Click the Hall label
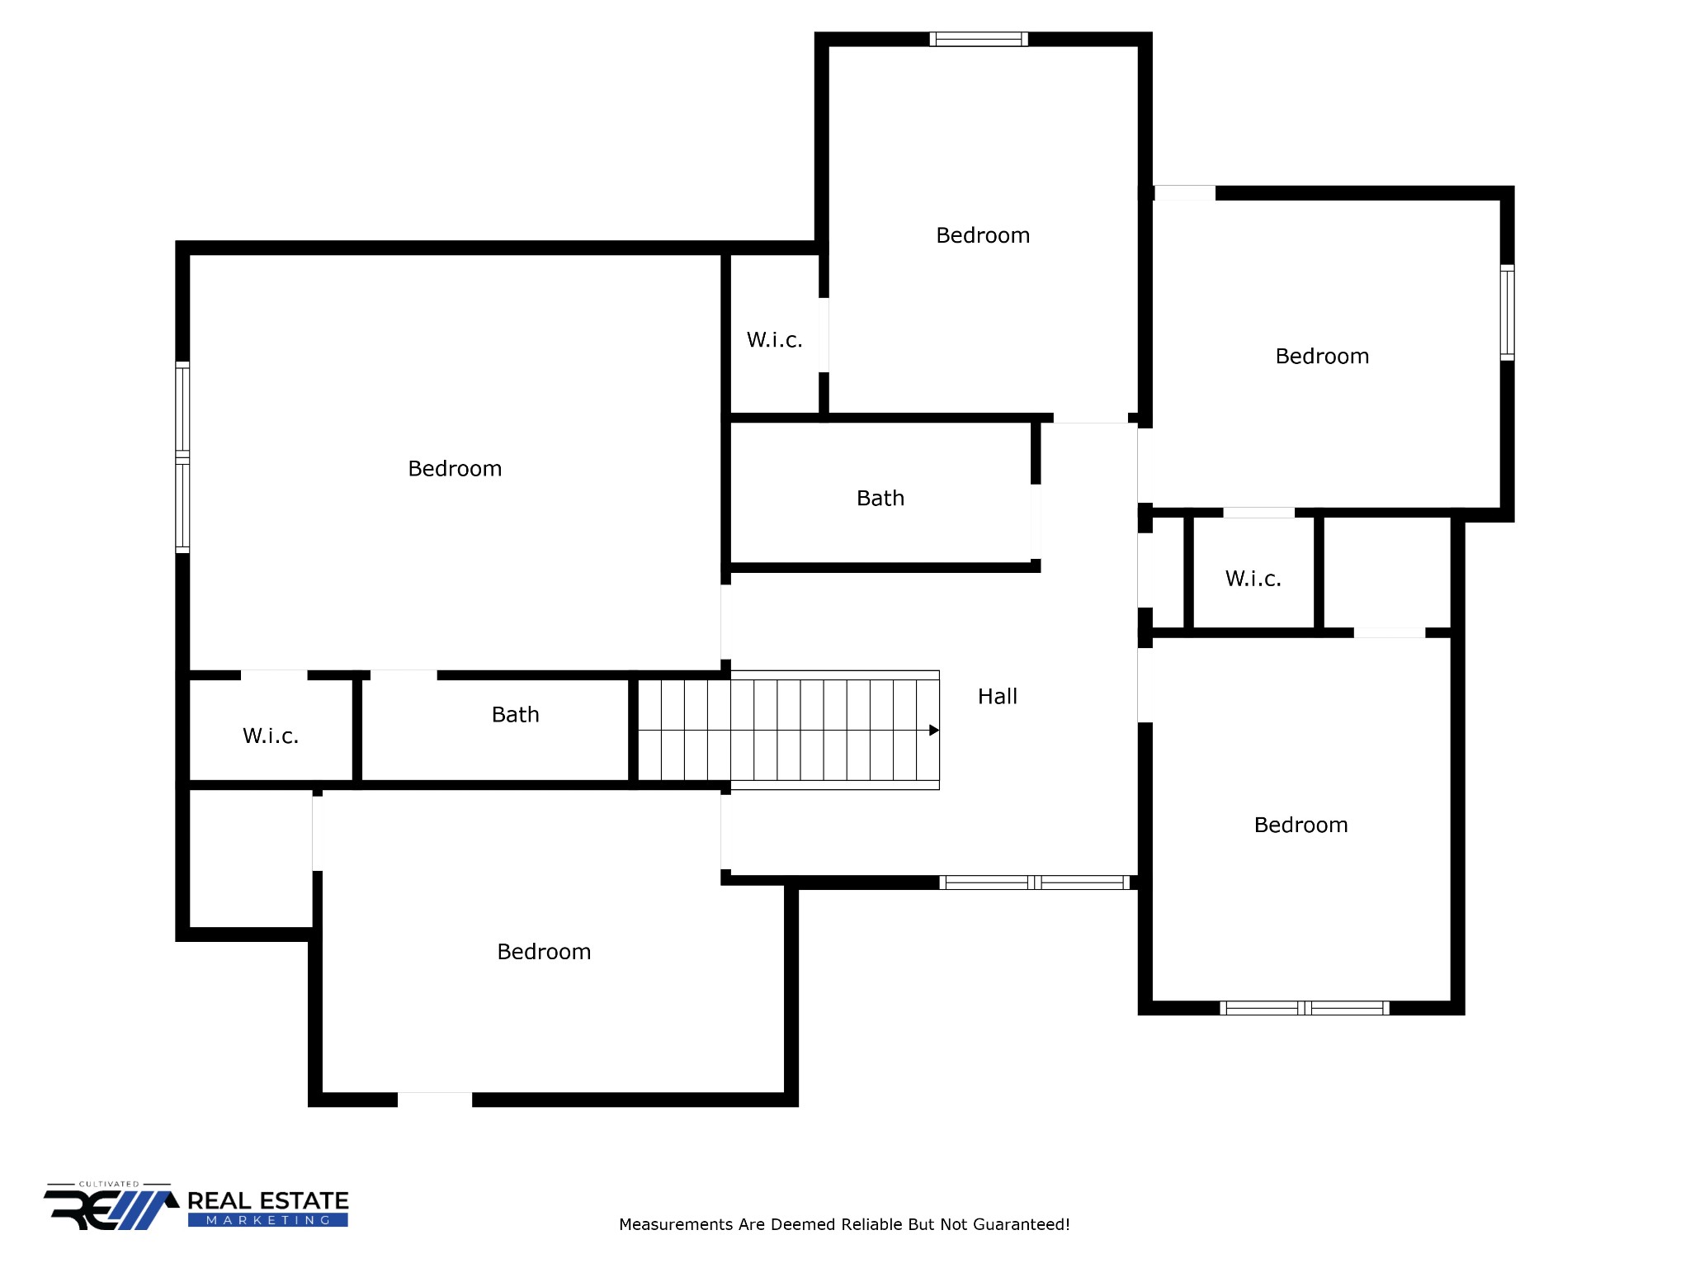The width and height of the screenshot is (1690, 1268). [997, 697]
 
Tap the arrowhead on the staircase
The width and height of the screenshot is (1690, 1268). [933, 730]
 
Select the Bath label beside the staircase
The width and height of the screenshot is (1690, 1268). [515, 715]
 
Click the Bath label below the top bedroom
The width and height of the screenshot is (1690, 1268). [880, 499]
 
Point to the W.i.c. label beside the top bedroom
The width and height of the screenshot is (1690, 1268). [774, 340]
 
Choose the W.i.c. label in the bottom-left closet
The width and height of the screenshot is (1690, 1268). [270, 736]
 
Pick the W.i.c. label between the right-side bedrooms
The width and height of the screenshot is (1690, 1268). [1253, 579]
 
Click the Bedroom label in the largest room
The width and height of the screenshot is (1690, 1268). [455, 469]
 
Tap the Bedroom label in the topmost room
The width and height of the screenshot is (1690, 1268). [983, 236]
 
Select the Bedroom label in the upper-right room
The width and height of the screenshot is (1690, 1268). [1322, 357]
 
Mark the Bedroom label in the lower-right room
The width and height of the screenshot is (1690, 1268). [1301, 826]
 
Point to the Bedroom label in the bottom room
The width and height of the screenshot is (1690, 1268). [544, 952]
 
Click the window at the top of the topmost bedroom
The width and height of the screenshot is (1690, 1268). [979, 39]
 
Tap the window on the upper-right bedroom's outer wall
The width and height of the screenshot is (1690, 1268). [1507, 312]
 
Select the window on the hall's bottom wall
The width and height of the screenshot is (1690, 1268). [1035, 882]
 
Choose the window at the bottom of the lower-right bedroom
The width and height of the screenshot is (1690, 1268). [1304, 1008]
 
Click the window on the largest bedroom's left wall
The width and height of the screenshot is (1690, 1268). [182, 457]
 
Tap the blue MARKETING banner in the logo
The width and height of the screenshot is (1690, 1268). [267, 1220]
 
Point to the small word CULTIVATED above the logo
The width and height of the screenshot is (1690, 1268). [109, 1184]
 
